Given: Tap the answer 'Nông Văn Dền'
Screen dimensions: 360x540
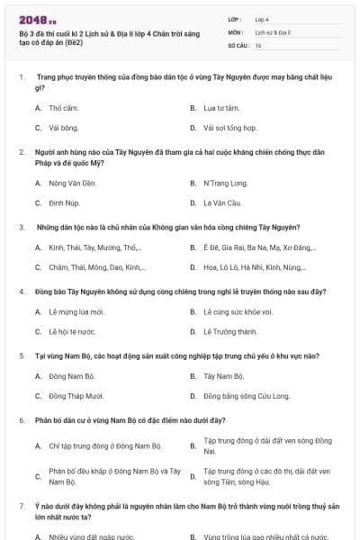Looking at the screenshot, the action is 72,183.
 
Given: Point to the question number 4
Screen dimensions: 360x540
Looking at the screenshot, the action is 22,292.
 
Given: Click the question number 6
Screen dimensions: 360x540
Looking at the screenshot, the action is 22,420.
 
